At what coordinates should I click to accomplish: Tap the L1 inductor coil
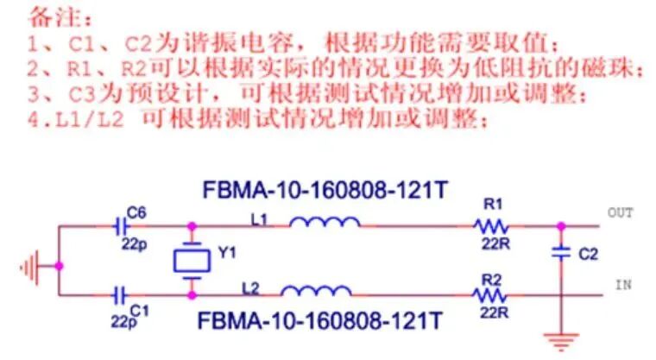click(x=325, y=224)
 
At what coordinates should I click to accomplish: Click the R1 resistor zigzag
click(x=492, y=226)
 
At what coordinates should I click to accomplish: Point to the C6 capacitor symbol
click(x=121, y=226)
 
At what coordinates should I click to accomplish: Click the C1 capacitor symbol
click(x=121, y=295)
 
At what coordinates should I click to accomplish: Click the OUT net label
click(x=621, y=212)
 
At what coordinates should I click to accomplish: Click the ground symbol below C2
click(x=561, y=339)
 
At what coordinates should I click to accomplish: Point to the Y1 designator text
click(x=228, y=254)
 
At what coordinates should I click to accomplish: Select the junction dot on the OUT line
click(x=561, y=226)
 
